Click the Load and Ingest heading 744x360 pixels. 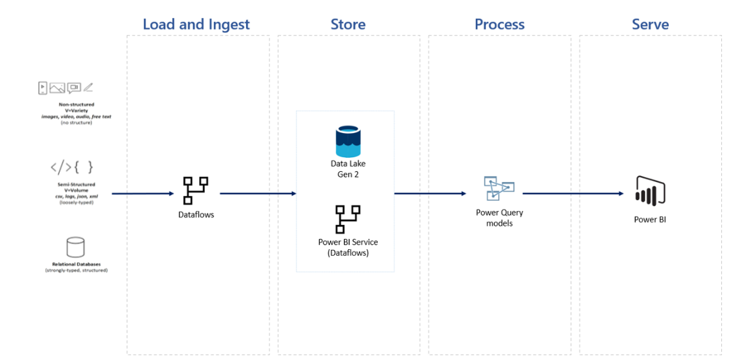[x=196, y=25]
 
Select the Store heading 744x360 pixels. [x=347, y=25]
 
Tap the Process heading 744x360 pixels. [x=499, y=25]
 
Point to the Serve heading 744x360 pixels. [x=650, y=25]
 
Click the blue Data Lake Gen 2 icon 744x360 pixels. [x=348, y=141]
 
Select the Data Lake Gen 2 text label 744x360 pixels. [x=348, y=169]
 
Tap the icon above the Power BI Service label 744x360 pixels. [x=348, y=219]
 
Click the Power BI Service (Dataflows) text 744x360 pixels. [x=348, y=247]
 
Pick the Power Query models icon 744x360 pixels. [x=499, y=189]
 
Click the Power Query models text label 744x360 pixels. [x=499, y=218]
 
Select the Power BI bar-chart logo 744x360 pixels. [x=649, y=189]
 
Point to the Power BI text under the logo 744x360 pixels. [x=649, y=219]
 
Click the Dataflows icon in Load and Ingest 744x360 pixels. [x=196, y=191]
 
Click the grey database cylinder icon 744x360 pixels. [x=75, y=246]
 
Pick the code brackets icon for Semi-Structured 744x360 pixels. [x=71, y=167]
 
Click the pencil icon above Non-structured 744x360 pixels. [x=89, y=88]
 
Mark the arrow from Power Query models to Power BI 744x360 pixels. [x=573, y=193]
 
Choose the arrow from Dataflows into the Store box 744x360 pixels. [x=257, y=193]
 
